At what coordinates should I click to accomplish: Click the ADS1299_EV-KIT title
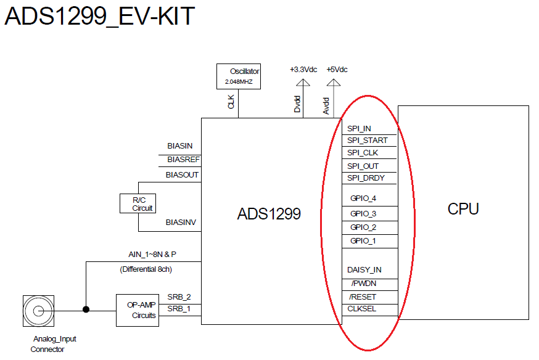[x=99, y=17]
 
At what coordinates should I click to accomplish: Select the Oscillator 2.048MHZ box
[x=239, y=76]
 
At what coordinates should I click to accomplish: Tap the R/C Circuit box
[x=137, y=203]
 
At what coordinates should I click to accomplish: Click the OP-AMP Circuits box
[x=136, y=310]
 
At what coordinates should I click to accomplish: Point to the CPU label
[x=463, y=209]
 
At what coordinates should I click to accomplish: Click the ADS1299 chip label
[x=269, y=214]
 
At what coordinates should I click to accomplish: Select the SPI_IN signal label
[x=359, y=129]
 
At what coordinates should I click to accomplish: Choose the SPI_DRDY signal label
[x=366, y=178]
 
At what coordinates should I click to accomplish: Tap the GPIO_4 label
[x=363, y=198]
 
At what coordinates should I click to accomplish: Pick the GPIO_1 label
[x=363, y=241]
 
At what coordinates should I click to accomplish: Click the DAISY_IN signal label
[x=364, y=270]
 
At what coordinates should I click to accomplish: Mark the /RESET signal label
[x=362, y=297]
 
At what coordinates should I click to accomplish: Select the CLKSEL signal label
[x=362, y=309]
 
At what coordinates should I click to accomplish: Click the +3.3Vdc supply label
[x=303, y=69]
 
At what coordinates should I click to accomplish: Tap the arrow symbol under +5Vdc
[x=333, y=83]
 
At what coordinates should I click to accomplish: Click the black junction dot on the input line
[x=86, y=310]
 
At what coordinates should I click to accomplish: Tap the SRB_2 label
[x=179, y=297]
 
